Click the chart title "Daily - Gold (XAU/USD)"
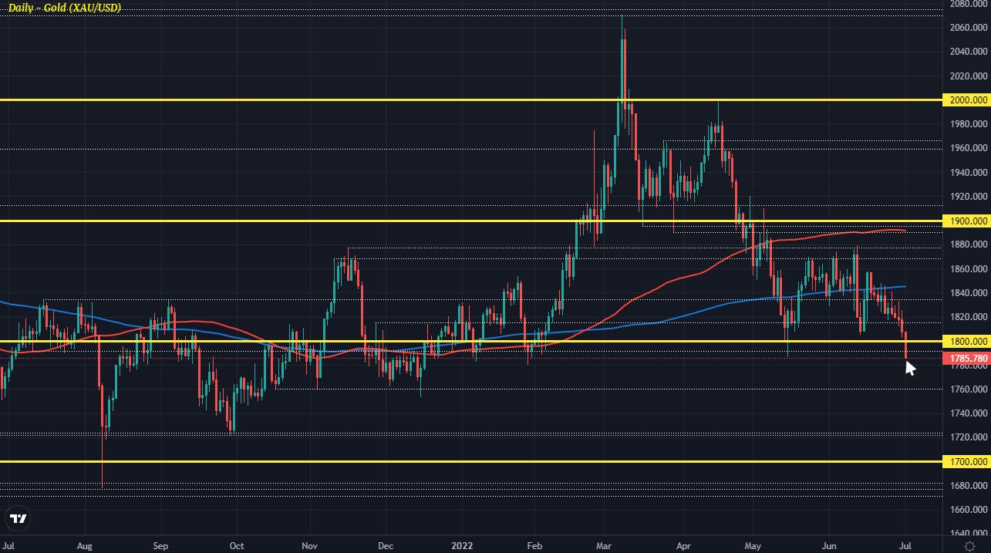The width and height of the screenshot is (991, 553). tap(64, 8)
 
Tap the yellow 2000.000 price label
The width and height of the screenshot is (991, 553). tap(967, 100)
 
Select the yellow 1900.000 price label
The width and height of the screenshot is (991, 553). tap(967, 221)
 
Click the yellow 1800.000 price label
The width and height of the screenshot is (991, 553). tap(967, 341)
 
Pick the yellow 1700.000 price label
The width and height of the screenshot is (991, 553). tap(967, 462)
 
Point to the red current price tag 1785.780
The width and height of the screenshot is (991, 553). tap(967, 358)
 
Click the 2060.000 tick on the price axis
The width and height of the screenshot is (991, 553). tap(967, 28)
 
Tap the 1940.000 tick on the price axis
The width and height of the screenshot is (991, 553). tap(967, 173)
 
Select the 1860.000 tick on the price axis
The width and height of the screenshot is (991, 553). tap(967, 269)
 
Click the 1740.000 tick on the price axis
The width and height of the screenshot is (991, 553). tap(967, 413)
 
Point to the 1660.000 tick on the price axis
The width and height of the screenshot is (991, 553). tap(967, 510)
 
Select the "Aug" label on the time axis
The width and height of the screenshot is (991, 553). tap(85, 545)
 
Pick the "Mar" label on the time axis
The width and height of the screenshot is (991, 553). tap(607, 545)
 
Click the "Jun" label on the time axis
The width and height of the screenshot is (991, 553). tap(829, 545)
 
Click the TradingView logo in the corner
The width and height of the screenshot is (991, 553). tap(19, 518)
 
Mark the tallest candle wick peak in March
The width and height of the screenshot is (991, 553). tap(622, 16)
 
